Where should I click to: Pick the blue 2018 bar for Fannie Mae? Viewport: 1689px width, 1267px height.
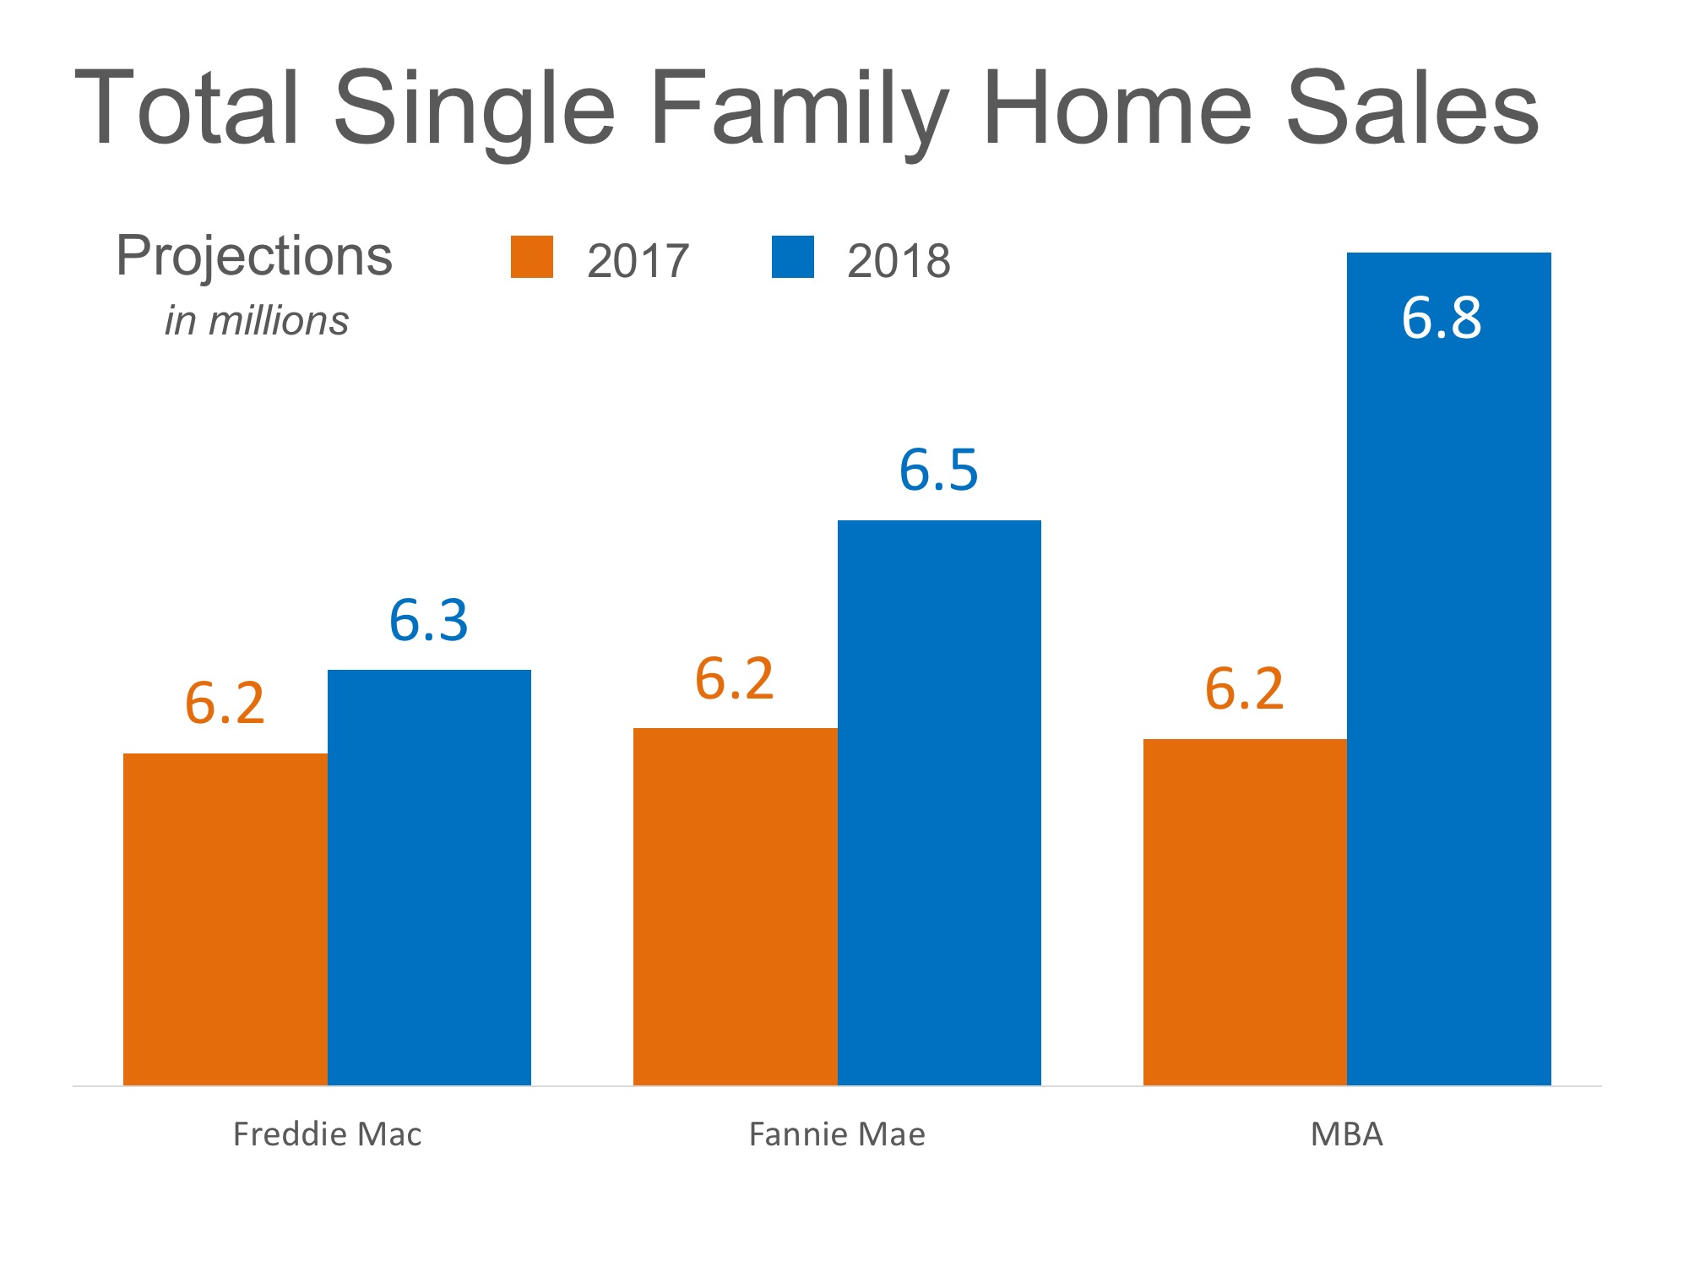[x=939, y=802]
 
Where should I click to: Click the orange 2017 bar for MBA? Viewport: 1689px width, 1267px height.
[x=1245, y=912]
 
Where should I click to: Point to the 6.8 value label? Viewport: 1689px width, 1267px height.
[x=1442, y=318]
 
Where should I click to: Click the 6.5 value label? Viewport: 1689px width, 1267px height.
[x=938, y=470]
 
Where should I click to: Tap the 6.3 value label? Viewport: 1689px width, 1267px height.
[x=428, y=620]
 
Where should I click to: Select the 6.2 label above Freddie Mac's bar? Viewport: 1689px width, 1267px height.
[x=225, y=703]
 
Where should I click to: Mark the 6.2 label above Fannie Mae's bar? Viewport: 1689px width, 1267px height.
[x=734, y=678]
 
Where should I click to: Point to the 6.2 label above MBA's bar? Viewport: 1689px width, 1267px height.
[x=1244, y=688]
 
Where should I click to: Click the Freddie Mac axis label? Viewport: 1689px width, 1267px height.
[x=327, y=1134]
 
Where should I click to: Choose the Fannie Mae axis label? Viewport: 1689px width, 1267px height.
[x=837, y=1134]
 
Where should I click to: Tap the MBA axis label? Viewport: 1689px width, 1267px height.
[x=1347, y=1134]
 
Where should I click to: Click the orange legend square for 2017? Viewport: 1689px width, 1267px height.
[x=532, y=257]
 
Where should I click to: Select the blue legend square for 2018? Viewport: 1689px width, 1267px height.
[x=793, y=257]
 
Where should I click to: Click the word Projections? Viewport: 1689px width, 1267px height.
[x=254, y=256]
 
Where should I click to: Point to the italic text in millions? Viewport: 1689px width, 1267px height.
[x=256, y=321]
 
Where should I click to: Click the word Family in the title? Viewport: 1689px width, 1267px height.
[x=799, y=110]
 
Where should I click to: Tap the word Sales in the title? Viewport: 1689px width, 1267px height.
[x=1412, y=110]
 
